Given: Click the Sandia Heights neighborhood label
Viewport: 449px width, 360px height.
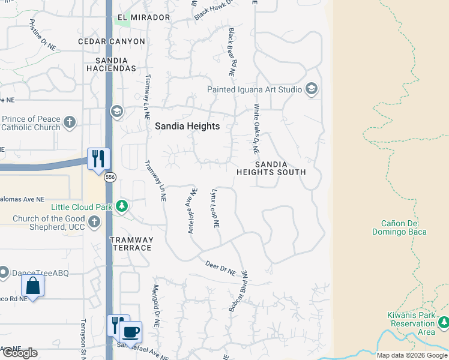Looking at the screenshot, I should coord(187,127).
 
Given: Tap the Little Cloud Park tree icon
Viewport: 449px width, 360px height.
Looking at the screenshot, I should coord(122,207).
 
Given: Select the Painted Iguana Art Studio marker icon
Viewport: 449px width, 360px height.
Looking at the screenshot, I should coord(311,90).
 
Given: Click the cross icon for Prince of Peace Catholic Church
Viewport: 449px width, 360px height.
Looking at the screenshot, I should coord(70,123).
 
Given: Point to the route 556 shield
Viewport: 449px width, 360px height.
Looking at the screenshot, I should coord(109,177).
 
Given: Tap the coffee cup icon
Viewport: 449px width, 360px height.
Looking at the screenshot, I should coord(131,331).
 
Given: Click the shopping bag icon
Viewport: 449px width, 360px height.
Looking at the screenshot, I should coord(33,285).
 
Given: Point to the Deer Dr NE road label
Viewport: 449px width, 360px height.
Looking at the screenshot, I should coord(220,268).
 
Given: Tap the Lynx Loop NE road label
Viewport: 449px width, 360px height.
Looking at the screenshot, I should coord(215,209).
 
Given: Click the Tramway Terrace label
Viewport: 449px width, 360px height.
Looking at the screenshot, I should coord(131,244).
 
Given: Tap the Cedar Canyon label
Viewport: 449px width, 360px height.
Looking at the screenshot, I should coord(112,41).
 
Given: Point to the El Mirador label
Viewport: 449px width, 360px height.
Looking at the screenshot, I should coord(144,17).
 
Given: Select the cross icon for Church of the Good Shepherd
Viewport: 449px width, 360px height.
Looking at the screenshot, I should coord(94,223).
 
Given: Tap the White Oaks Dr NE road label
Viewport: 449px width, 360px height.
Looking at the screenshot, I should coord(256,128).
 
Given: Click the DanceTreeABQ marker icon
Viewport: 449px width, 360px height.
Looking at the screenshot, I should coord(3,273).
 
